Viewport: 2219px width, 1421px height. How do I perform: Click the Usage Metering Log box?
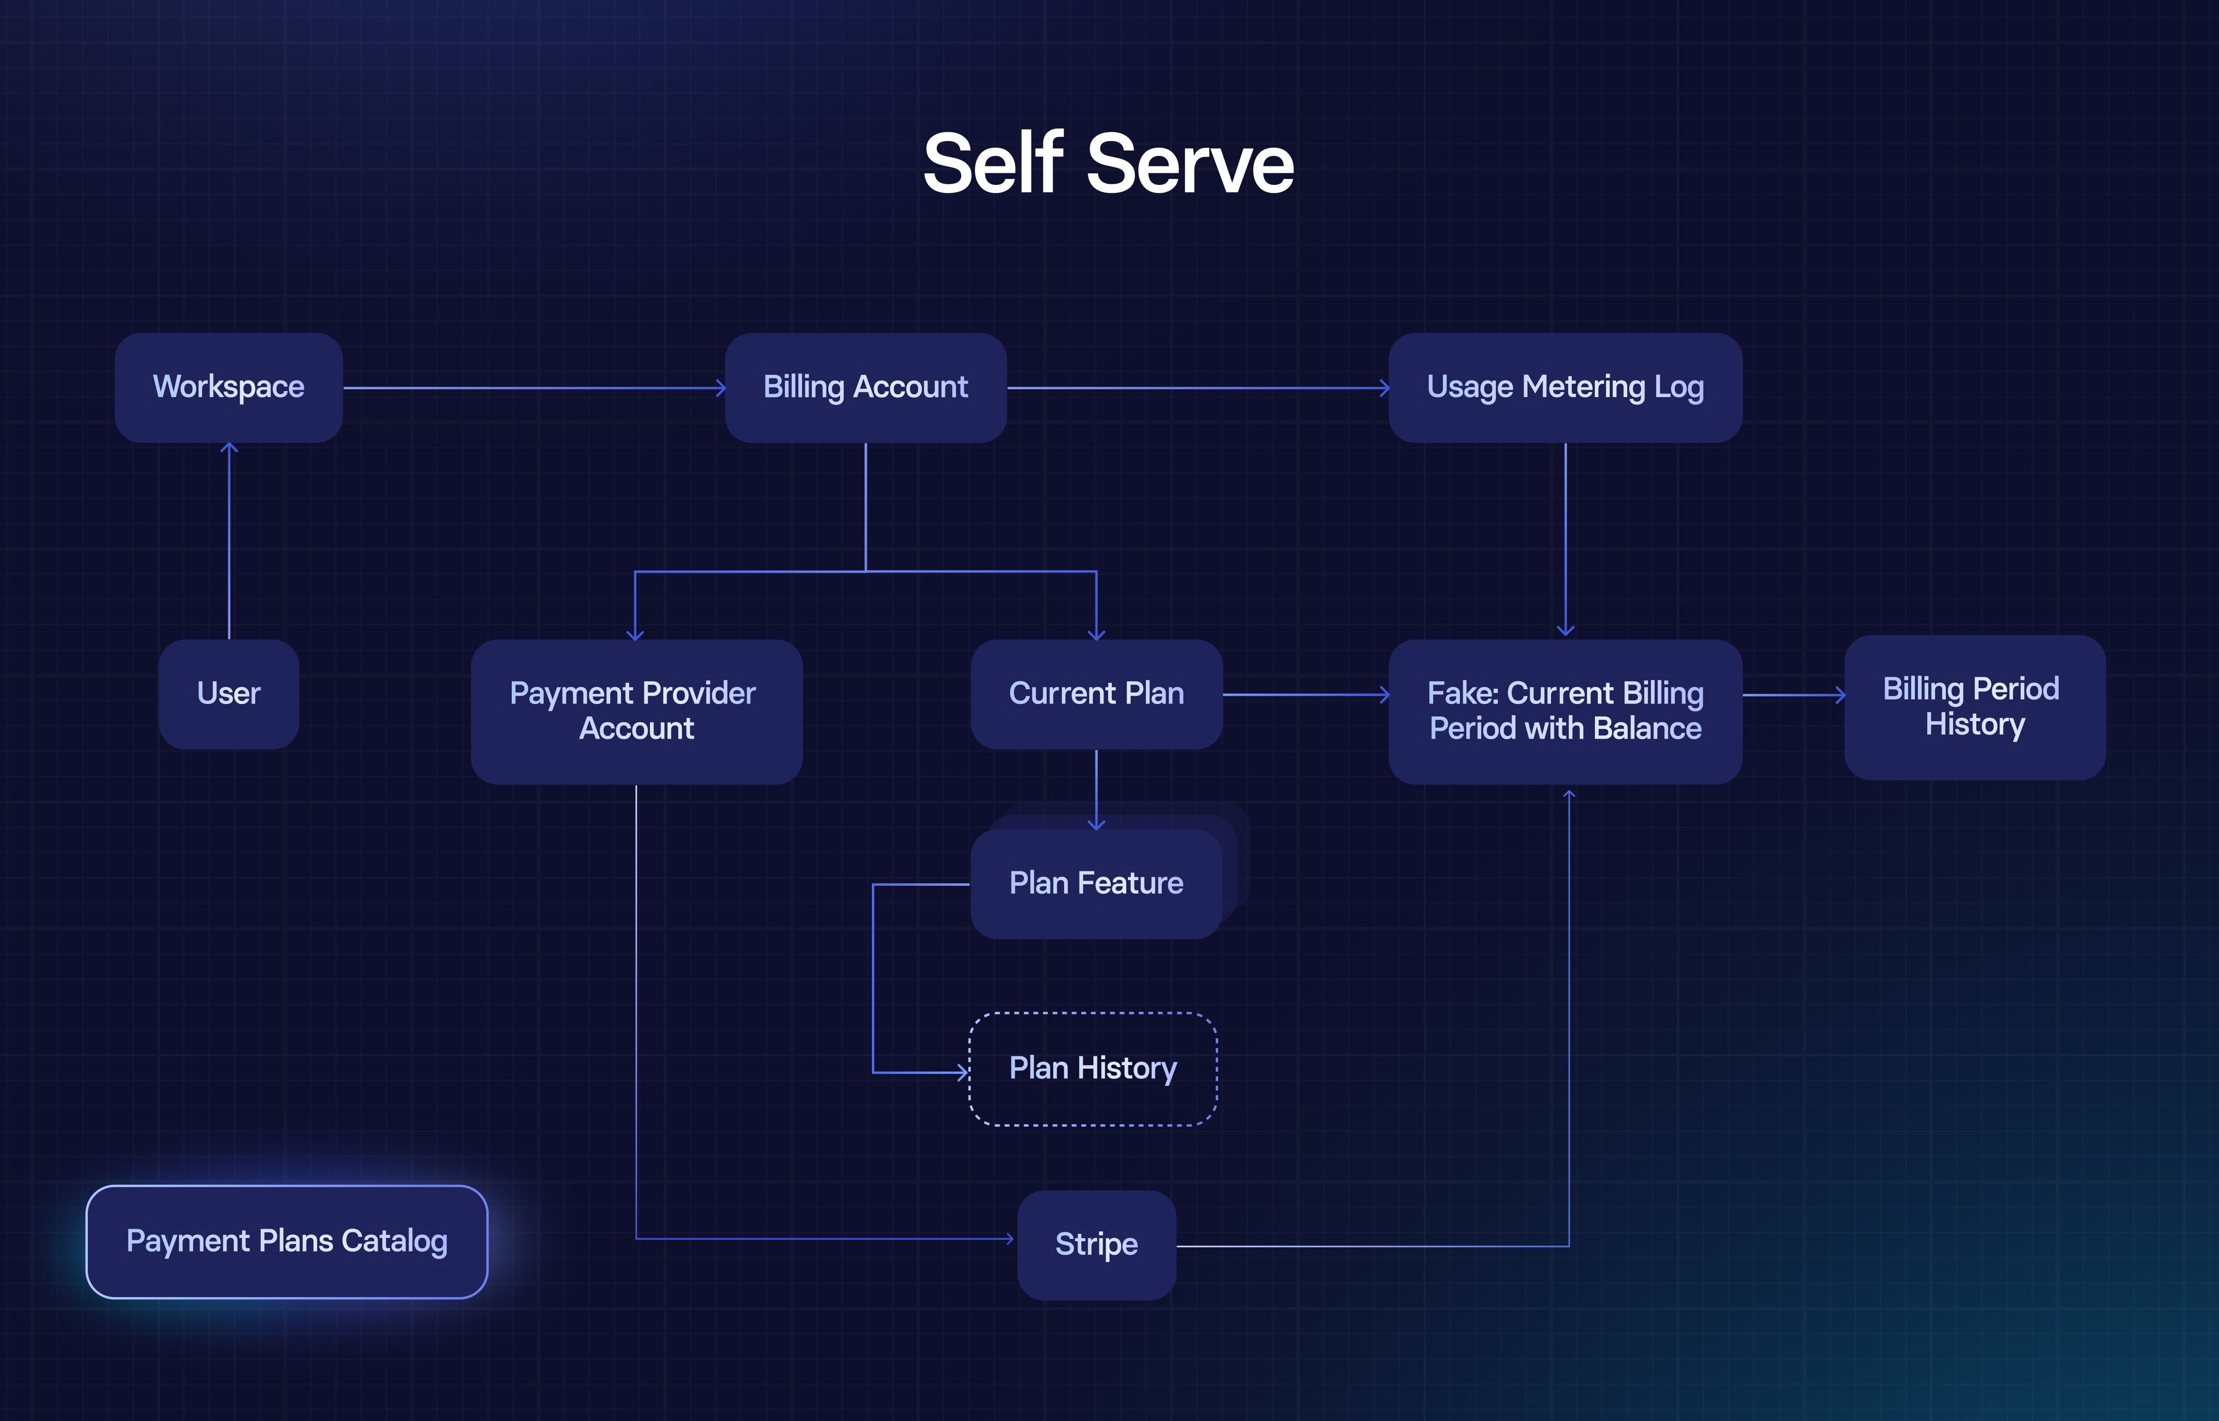click(1565, 387)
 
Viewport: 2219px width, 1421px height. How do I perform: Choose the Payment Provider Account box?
click(636, 711)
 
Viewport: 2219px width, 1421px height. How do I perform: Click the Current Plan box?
click(1096, 694)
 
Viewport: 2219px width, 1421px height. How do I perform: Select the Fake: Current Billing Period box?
click(1565, 711)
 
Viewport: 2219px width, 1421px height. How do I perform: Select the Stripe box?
click(1096, 1245)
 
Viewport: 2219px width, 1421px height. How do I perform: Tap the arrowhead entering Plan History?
click(962, 1072)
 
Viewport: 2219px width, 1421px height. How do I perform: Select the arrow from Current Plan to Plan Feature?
click(1096, 789)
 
